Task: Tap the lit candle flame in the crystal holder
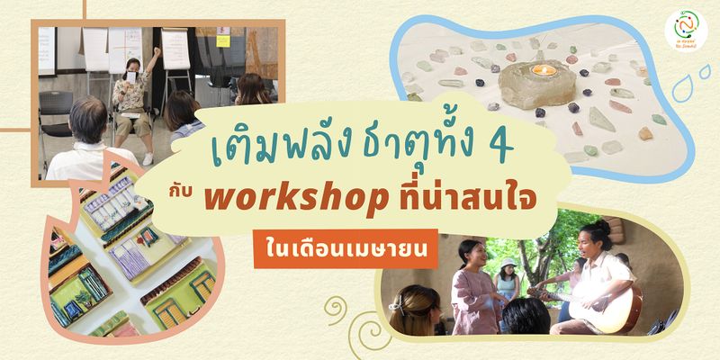[x=540, y=69]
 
